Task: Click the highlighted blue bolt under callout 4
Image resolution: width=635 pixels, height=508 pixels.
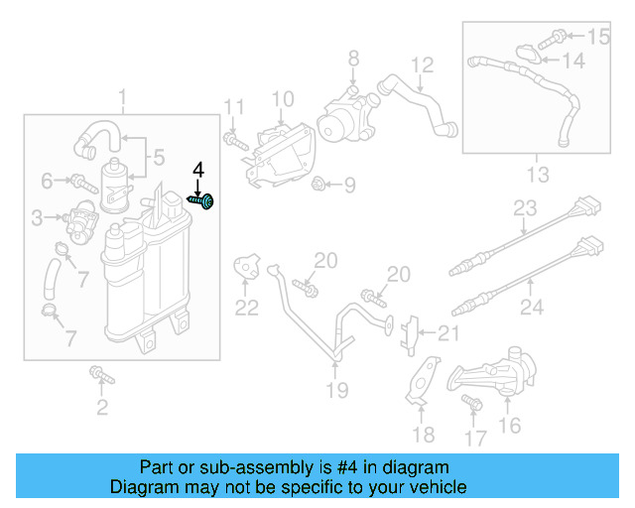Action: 201,201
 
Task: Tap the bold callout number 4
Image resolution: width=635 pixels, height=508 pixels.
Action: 197,170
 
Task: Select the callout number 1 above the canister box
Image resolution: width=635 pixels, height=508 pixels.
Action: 123,98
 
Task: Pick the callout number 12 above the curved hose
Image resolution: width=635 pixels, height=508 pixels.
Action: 423,65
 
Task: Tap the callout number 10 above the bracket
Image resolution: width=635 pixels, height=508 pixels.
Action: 283,98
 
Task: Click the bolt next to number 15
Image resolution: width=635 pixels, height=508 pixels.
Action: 558,37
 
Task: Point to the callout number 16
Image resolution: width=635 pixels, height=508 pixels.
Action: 509,426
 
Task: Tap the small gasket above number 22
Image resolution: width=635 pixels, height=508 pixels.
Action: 245,266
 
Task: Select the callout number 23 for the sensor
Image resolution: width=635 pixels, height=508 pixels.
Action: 525,209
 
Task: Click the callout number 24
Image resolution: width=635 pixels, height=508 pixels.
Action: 532,307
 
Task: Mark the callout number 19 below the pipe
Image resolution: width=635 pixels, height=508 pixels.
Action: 337,390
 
